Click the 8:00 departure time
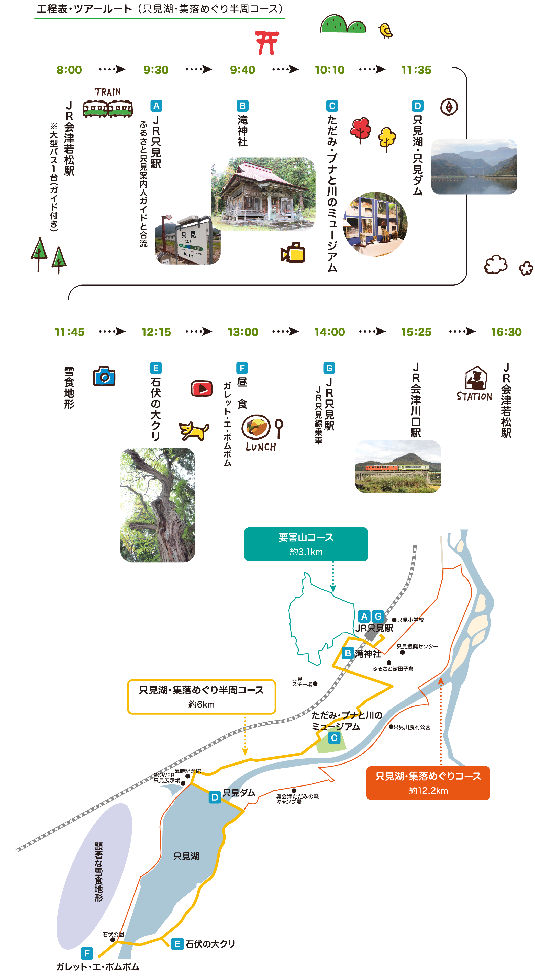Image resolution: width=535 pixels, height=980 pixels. [x=69, y=70]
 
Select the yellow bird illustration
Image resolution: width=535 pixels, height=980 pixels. [x=385, y=30]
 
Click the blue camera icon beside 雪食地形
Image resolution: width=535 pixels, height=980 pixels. [x=104, y=376]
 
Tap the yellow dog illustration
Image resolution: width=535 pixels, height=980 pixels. [x=194, y=431]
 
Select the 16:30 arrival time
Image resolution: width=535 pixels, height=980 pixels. [x=506, y=332]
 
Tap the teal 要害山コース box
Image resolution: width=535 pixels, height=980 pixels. [x=306, y=544]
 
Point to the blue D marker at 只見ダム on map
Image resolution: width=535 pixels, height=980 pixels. [x=215, y=797]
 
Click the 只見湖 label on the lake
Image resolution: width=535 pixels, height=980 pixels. [x=186, y=856]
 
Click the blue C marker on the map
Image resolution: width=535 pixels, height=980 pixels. [x=334, y=738]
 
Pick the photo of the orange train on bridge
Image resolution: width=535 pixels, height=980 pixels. [x=398, y=466]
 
